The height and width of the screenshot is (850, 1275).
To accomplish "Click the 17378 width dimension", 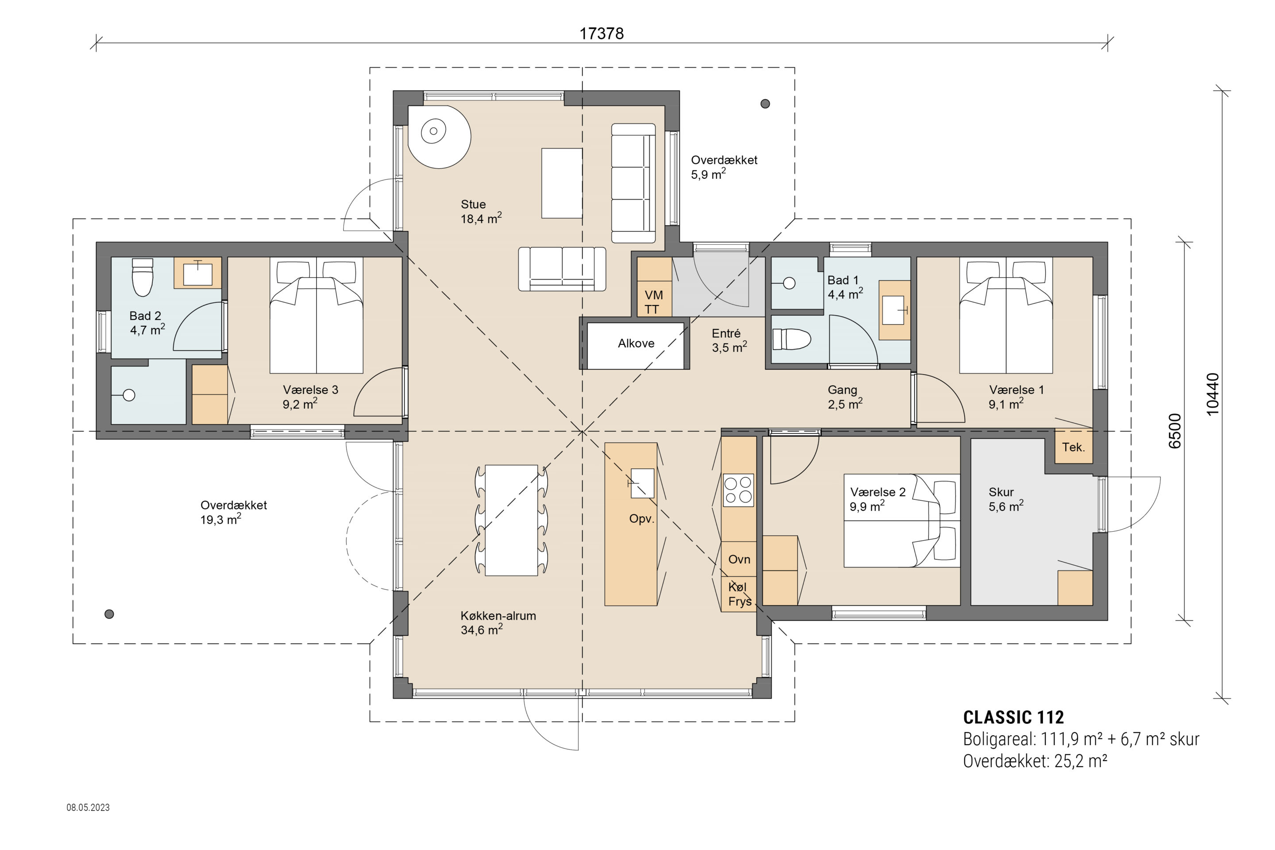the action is pyautogui.click(x=601, y=34).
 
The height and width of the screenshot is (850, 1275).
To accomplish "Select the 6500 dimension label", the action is pyautogui.click(x=1174, y=431).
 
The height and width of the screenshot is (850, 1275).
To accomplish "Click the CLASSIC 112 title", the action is pyautogui.click(x=1013, y=717).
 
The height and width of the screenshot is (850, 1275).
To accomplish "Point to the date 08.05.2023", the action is pyautogui.click(x=88, y=807).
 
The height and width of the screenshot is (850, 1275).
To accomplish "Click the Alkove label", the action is pyautogui.click(x=636, y=343).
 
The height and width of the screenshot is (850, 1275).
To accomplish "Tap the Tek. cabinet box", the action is pyautogui.click(x=1073, y=446).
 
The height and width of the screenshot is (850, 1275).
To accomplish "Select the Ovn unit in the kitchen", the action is pyautogui.click(x=739, y=559).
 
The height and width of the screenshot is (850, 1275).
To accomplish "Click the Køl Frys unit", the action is pyautogui.click(x=739, y=594).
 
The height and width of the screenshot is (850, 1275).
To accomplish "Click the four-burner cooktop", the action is pyautogui.click(x=738, y=490).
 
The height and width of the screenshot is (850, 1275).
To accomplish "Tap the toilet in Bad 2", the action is pyautogui.click(x=143, y=277).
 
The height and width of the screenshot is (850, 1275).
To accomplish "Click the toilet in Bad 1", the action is pyautogui.click(x=792, y=340).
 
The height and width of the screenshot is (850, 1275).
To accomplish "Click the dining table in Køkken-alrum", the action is pyautogui.click(x=511, y=520).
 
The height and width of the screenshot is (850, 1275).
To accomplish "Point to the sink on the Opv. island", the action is pyautogui.click(x=642, y=483).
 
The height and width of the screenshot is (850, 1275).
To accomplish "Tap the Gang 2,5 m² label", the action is pyautogui.click(x=845, y=397).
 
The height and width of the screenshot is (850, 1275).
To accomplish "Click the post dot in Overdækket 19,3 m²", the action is pyautogui.click(x=109, y=614).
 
